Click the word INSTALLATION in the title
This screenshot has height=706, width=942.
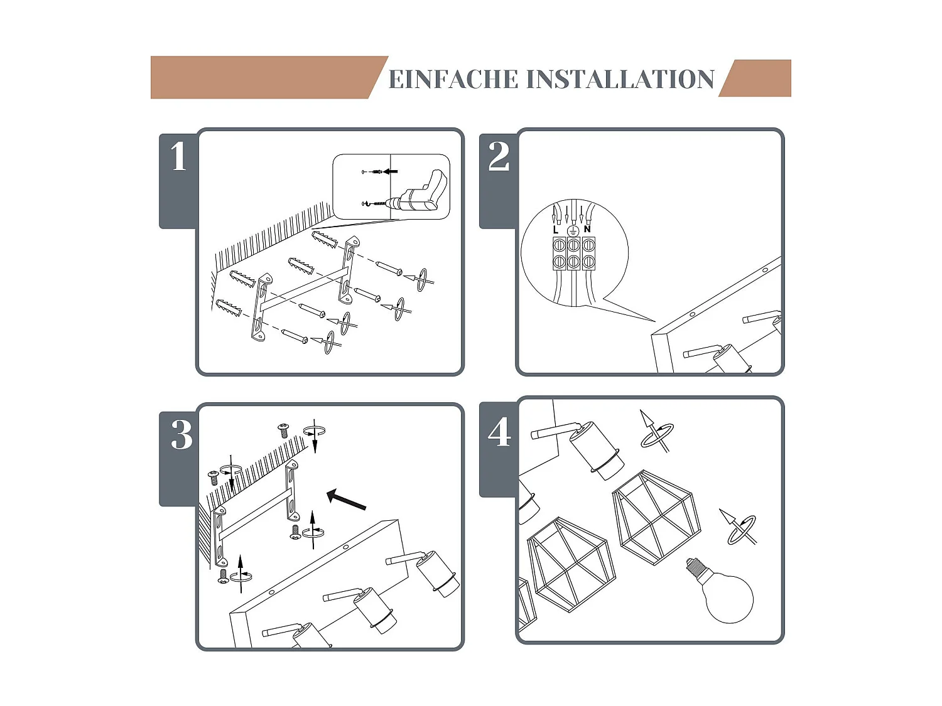[x=620, y=80]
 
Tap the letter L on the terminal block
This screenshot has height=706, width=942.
[x=556, y=230]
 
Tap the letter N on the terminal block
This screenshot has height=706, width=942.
[x=587, y=229]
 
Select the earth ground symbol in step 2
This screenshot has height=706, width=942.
[x=572, y=231]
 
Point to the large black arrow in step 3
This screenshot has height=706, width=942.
[x=346, y=500]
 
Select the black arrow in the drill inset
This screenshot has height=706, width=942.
[x=391, y=171]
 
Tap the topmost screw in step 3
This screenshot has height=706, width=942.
[x=283, y=430]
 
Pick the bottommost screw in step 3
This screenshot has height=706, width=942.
[x=223, y=575]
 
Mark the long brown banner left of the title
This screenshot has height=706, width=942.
[x=264, y=77]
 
